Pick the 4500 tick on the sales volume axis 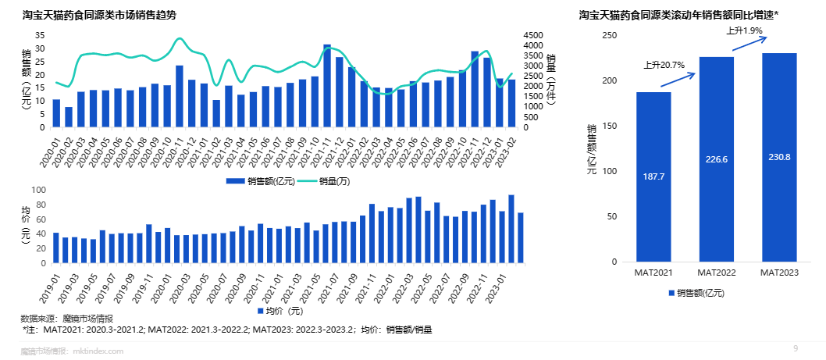coord(533,36)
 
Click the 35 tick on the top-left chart coord(40,36)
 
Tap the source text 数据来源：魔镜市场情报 coord(66,319)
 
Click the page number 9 coord(796,348)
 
